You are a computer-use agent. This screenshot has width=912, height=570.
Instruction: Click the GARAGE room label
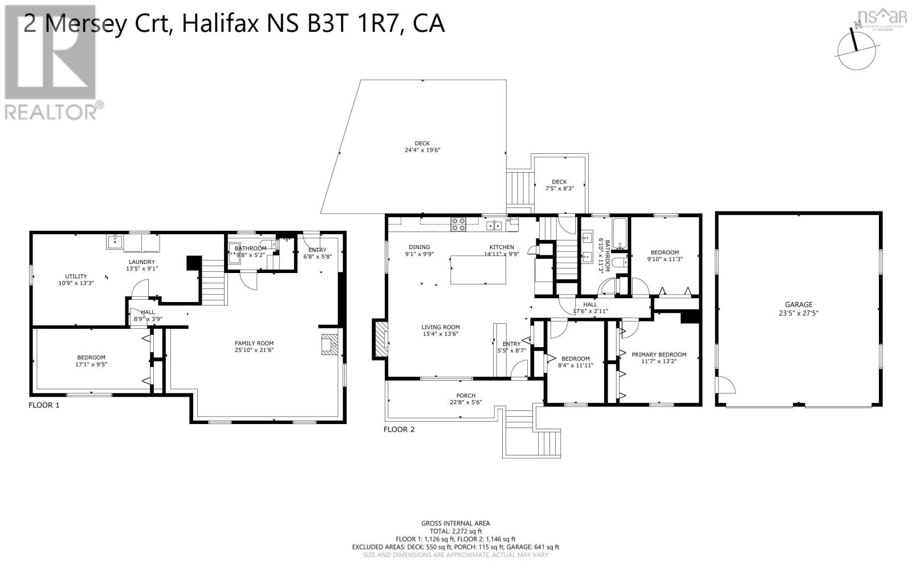point(799,304)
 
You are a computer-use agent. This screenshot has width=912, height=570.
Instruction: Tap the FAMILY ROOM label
point(254,343)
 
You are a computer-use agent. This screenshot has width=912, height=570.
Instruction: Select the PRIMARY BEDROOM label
point(659,355)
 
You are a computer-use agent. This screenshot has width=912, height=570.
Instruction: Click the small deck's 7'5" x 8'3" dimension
point(559,189)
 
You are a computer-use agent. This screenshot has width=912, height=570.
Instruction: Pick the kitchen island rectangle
point(478,270)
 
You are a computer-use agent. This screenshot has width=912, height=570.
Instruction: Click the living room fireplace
point(380,339)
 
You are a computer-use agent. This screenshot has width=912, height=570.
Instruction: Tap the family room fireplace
point(330,344)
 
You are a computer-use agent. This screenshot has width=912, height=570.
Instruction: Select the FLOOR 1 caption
point(44,405)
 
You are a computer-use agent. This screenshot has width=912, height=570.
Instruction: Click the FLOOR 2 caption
point(399,429)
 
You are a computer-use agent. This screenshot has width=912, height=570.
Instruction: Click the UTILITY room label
point(76,276)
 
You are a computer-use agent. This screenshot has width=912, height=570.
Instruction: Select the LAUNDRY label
point(141,262)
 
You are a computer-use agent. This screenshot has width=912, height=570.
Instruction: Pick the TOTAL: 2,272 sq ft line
point(455,531)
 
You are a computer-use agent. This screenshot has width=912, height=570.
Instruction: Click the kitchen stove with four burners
point(459,225)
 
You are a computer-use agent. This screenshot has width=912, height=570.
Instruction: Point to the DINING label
point(419,247)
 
